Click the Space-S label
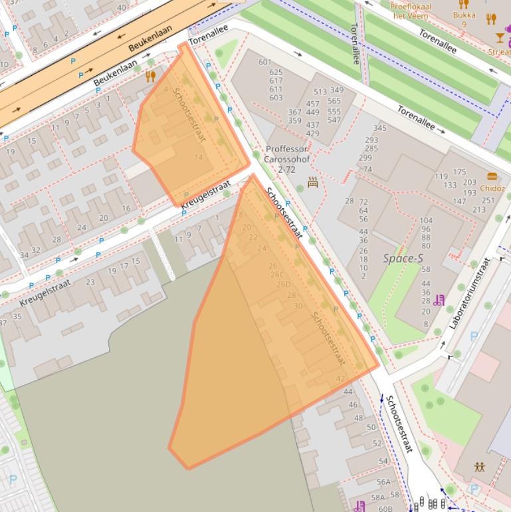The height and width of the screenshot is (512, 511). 403,258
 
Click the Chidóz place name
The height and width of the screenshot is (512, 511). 492,188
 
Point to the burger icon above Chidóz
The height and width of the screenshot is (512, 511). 492,177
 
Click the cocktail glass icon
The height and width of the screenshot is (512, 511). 500,38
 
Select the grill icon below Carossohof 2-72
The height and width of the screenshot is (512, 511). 313,182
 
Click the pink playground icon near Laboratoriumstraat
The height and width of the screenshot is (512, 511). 438,301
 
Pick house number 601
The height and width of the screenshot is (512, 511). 265,63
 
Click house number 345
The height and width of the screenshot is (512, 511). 379,128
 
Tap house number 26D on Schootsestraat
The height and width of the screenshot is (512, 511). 284,285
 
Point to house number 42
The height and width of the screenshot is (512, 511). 341,379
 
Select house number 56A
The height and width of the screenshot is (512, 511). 383,482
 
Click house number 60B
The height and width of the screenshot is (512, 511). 385,508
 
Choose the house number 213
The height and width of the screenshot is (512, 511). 479,209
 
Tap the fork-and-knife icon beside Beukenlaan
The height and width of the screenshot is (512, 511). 150,76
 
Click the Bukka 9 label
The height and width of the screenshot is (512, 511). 464,19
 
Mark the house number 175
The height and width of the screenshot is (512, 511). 459,173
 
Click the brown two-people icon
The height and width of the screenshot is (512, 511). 479,467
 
